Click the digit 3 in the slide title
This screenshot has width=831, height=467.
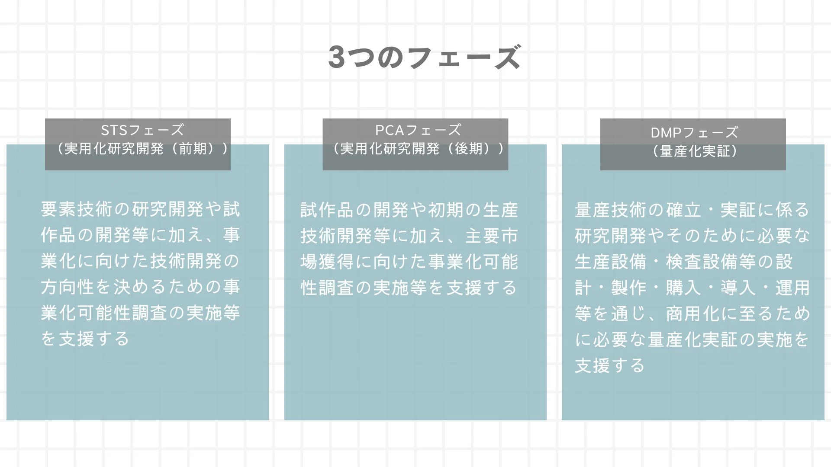click(337, 57)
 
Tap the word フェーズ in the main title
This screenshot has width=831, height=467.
click(464, 57)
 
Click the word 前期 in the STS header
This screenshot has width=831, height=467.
click(193, 149)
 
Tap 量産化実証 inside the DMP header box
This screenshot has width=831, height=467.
click(695, 151)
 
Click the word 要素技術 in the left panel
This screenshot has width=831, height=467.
click(77, 209)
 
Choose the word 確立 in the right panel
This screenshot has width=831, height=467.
click(684, 210)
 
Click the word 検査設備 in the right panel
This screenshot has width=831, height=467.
click(702, 262)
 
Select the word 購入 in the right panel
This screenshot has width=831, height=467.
click(684, 288)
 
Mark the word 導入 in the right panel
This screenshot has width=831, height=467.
click(738, 288)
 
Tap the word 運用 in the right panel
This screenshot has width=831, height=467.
click(792, 288)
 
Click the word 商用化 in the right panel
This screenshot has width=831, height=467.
click(693, 314)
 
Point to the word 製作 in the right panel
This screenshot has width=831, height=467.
click(629, 288)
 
